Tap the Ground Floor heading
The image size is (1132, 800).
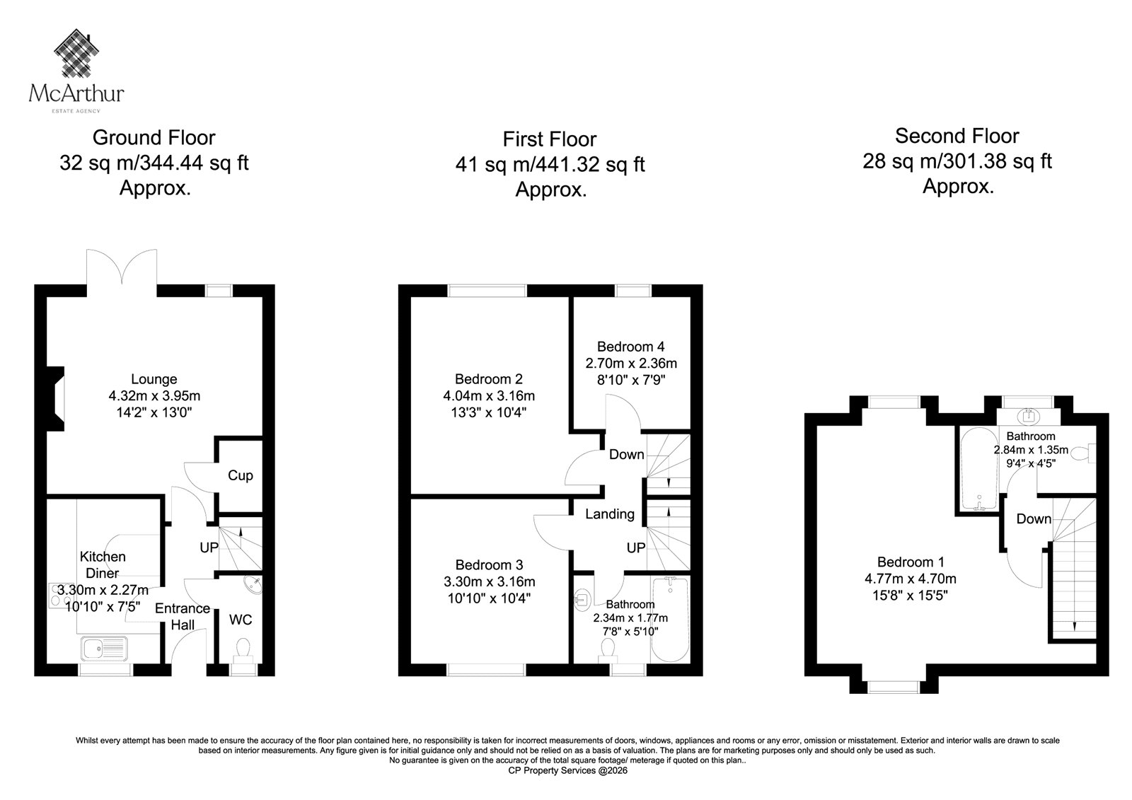(x=154, y=137)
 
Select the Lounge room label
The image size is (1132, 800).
(x=154, y=379)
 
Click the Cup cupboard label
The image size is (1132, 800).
(x=240, y=475)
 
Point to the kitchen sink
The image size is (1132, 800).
(x=104, y=649)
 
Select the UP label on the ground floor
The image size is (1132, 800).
(x=209, y=547)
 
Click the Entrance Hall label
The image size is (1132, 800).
(x=183, y=617)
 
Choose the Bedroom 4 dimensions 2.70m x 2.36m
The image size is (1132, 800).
(x=631, y=364)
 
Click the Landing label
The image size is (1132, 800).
(x=610, y=514)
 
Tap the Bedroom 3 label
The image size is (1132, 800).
(x=489, y=564)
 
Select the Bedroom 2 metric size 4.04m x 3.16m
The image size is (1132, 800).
(x=489, y=395)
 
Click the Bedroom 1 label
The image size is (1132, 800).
(x=911, y=562)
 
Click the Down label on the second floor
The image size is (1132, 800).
(x=1034, y=518)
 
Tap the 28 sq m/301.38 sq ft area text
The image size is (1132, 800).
(x=957, y=161)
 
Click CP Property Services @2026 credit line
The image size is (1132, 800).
(x=567, y=771)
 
